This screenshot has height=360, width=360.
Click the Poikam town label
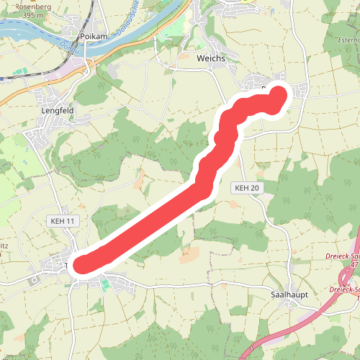tap(94, 37)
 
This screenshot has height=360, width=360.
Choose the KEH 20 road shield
tap(246, 188)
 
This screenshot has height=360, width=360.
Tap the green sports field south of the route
tap(105, 285)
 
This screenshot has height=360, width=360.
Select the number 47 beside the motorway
tap(354, 265)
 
